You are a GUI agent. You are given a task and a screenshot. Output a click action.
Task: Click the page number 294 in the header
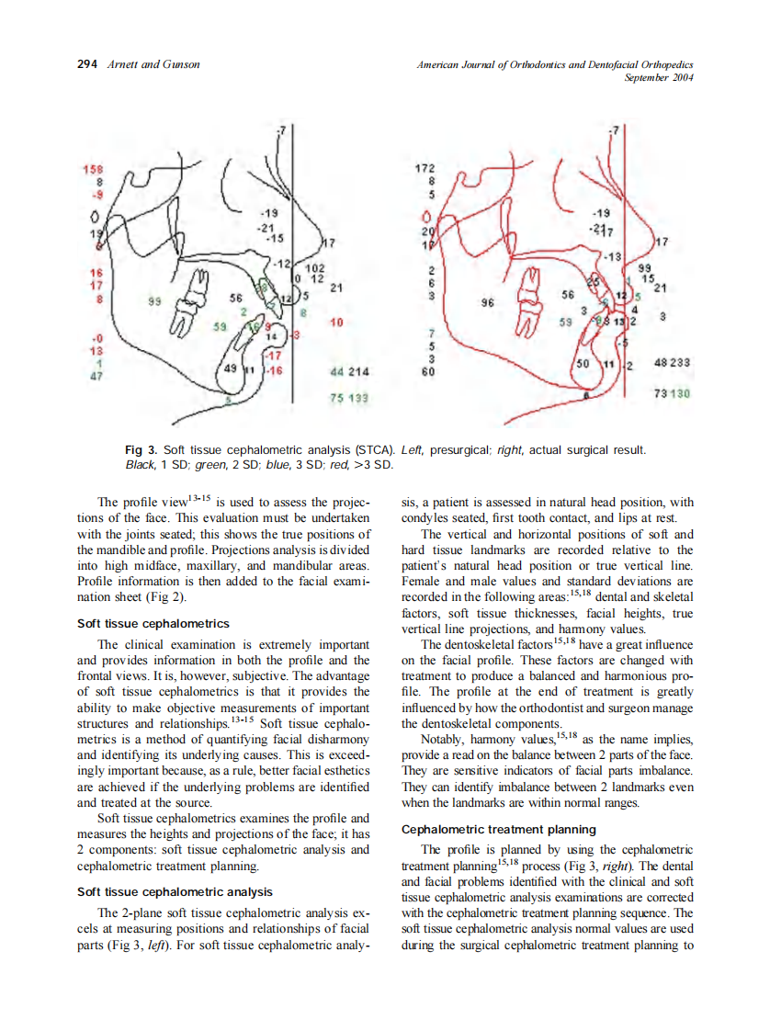coord(87,64)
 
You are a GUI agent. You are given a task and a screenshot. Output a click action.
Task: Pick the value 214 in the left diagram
coord(358,372)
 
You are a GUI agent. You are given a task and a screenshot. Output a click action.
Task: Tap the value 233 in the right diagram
coord(681,363)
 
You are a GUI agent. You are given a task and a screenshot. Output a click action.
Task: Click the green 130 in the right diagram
coord(681,392)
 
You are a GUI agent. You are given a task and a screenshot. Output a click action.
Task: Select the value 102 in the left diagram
coord(314,266)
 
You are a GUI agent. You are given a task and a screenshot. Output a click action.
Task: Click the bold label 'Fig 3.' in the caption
coord(142,450)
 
